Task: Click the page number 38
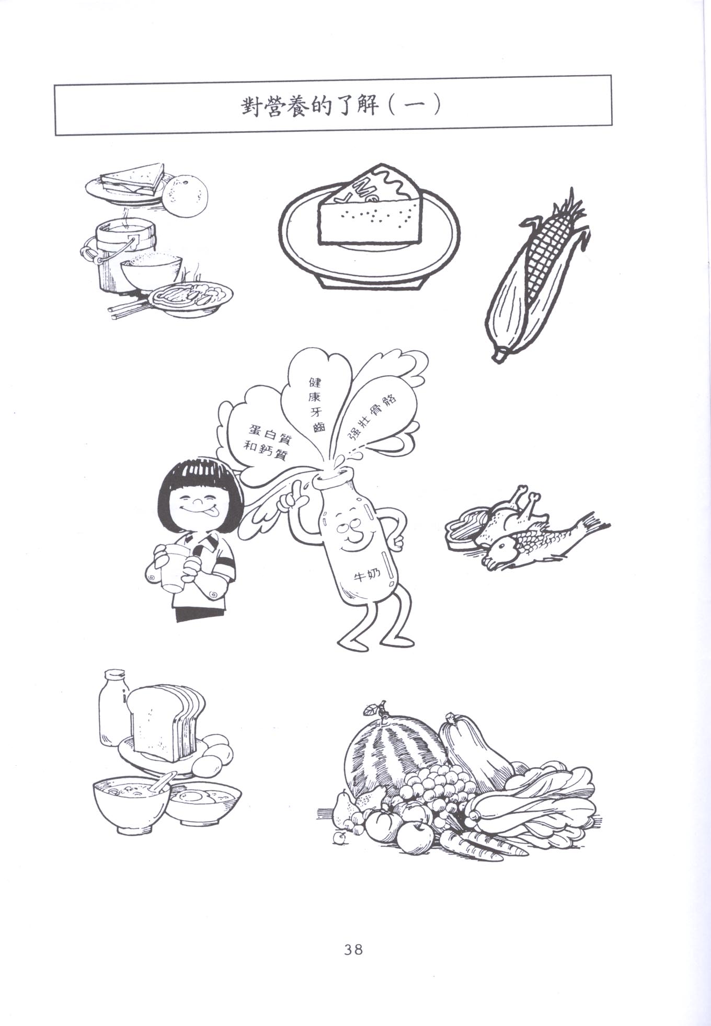(x=353, y=949)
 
